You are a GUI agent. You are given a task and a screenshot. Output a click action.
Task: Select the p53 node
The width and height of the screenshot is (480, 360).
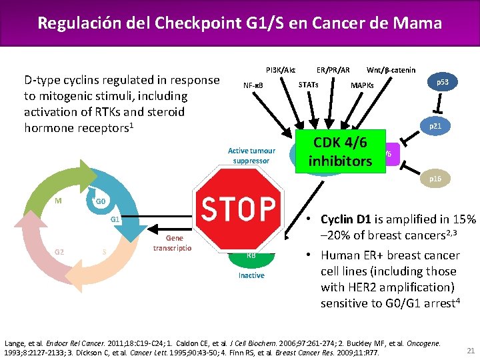click(x=442, y=83)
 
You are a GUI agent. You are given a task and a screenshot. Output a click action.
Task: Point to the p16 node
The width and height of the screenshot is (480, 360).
click(x=435, y=179)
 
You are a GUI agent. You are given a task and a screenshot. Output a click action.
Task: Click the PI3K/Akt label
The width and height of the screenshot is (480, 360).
click(x=281, y=70)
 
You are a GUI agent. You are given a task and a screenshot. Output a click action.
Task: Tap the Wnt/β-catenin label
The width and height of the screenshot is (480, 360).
click(x=391, y=70)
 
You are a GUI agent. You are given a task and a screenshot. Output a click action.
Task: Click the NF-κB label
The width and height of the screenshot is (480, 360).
click(x=253, y=85)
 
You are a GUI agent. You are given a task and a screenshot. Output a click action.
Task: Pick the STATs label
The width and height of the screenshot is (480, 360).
click(x=308, y=85)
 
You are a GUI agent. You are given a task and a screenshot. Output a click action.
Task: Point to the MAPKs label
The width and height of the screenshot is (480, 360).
click(x=362, y=85)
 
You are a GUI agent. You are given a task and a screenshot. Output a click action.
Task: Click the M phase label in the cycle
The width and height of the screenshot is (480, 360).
click(x=59, y=199)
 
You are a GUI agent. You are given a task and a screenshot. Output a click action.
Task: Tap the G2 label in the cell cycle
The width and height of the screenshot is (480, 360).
click(x=59, y=251)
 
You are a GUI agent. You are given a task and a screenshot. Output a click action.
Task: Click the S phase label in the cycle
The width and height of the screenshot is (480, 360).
click(x=104, y=251)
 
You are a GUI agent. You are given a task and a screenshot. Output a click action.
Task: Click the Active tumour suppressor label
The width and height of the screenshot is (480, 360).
click(x=251, y=155)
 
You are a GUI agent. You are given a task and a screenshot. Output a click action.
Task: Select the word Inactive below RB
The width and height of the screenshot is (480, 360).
click(x=251, y=275)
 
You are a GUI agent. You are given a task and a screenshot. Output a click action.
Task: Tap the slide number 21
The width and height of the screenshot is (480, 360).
click(x=471, y=350)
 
